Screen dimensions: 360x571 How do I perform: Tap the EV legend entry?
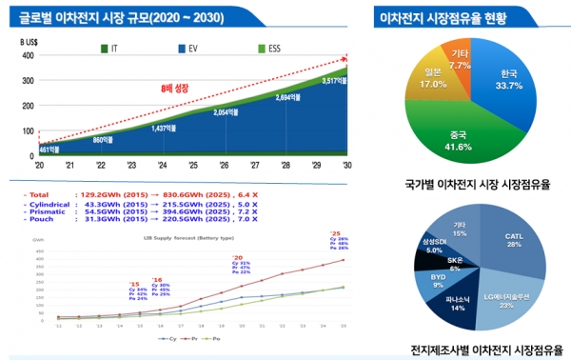point(194,45)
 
